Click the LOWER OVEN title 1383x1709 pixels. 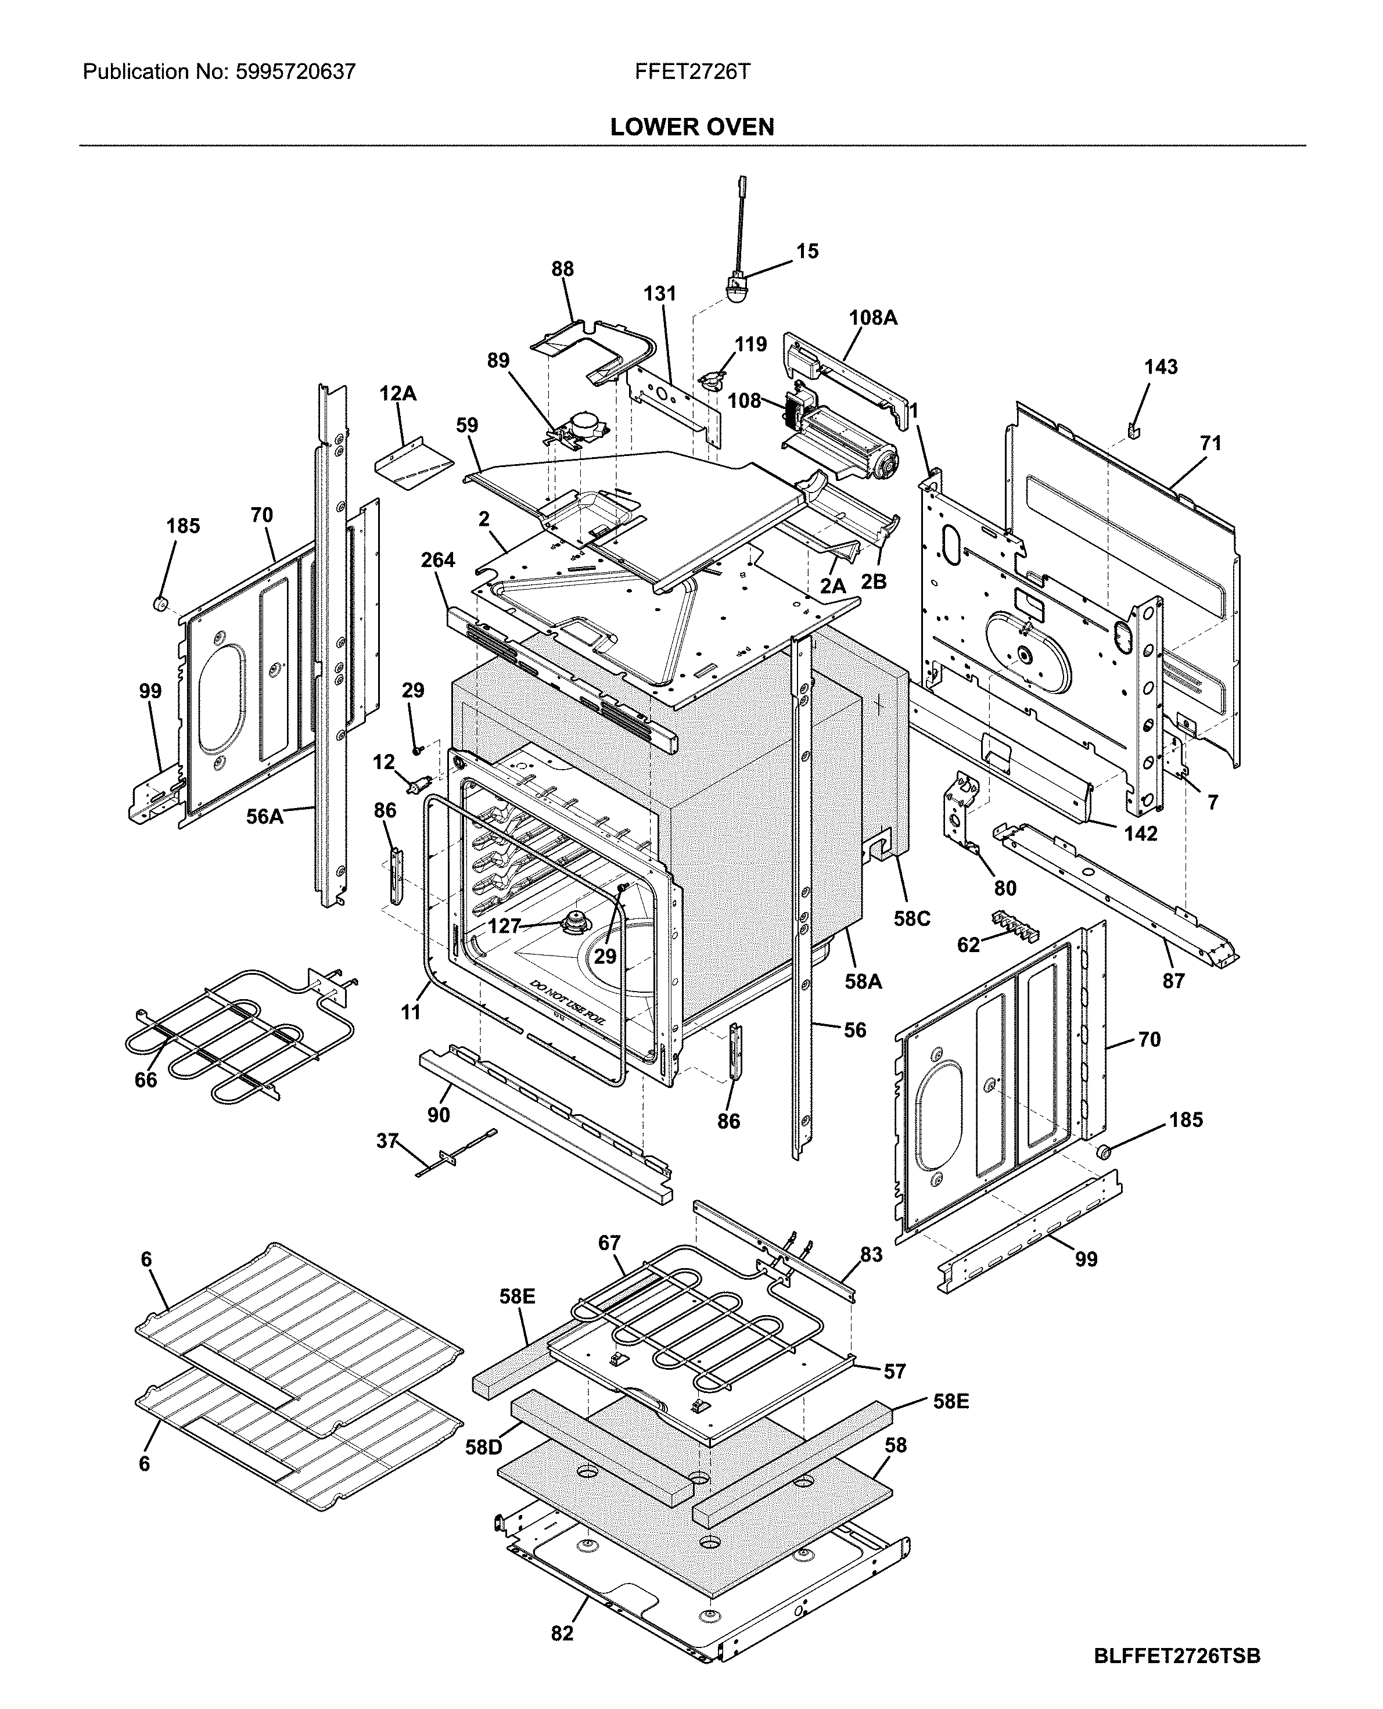(691, 127)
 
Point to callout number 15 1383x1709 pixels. (807, 252)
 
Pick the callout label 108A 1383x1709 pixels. (872, 318)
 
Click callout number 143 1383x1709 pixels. (1161, 367)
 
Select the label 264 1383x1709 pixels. (437, 560)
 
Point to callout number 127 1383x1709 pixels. (504, 926)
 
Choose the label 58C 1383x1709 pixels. (911, 918)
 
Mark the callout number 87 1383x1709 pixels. (1173, 981)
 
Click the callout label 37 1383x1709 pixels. (387, 1141)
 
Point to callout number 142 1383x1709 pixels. (1140, 834)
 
